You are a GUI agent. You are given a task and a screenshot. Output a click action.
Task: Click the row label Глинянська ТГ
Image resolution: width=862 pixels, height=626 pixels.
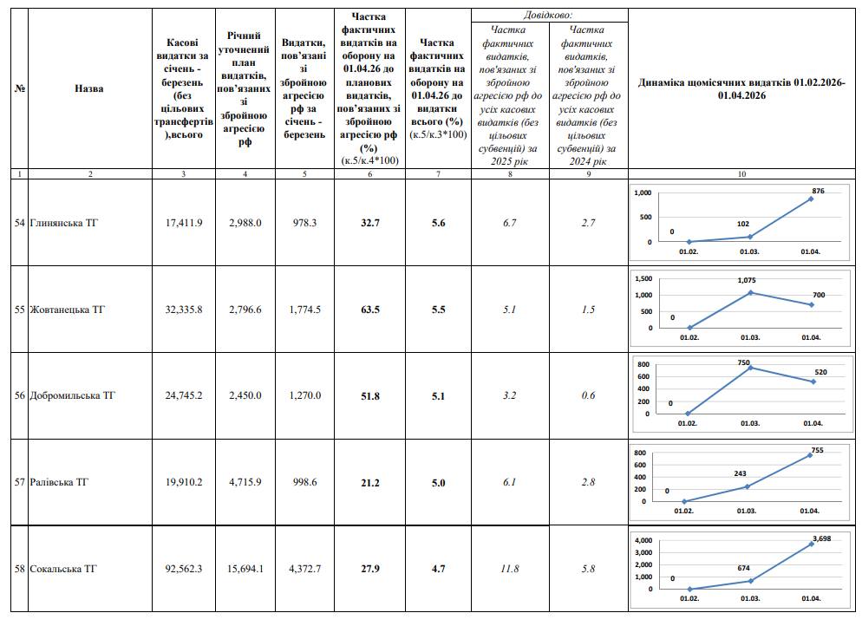(x=64, y=223)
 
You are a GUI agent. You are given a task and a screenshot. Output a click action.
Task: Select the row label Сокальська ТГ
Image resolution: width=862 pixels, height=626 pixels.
(x=63, y=569)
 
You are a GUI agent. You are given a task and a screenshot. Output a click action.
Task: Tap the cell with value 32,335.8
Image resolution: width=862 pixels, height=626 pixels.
(x=183, y=310)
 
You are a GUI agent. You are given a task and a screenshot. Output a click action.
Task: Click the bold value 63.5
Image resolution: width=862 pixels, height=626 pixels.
(x=369, y=310)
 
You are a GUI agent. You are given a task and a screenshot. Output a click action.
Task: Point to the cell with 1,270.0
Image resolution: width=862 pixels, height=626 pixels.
(x=304, y=396)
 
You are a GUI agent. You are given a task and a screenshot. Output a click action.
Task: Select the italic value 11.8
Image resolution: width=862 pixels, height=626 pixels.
(x=509, y=569)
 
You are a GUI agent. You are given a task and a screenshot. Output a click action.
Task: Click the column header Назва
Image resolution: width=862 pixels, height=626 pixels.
(x=88, y=88)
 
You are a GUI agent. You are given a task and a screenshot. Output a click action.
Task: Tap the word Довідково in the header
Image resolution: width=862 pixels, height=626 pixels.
(x=548, y=16)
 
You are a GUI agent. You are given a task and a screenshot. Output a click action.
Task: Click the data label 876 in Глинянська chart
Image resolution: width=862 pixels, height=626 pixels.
(x=818, y=190)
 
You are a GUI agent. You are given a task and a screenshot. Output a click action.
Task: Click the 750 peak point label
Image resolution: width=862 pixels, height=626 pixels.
(x=743, y=362)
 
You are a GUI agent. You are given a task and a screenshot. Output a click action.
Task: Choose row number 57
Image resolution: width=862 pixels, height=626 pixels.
(x=19, y=482)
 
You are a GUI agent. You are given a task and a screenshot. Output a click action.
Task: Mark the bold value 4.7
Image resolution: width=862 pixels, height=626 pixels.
(x=438, y=569)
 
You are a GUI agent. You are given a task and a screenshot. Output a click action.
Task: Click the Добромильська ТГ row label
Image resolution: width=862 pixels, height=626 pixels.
(x=73, y=396)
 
